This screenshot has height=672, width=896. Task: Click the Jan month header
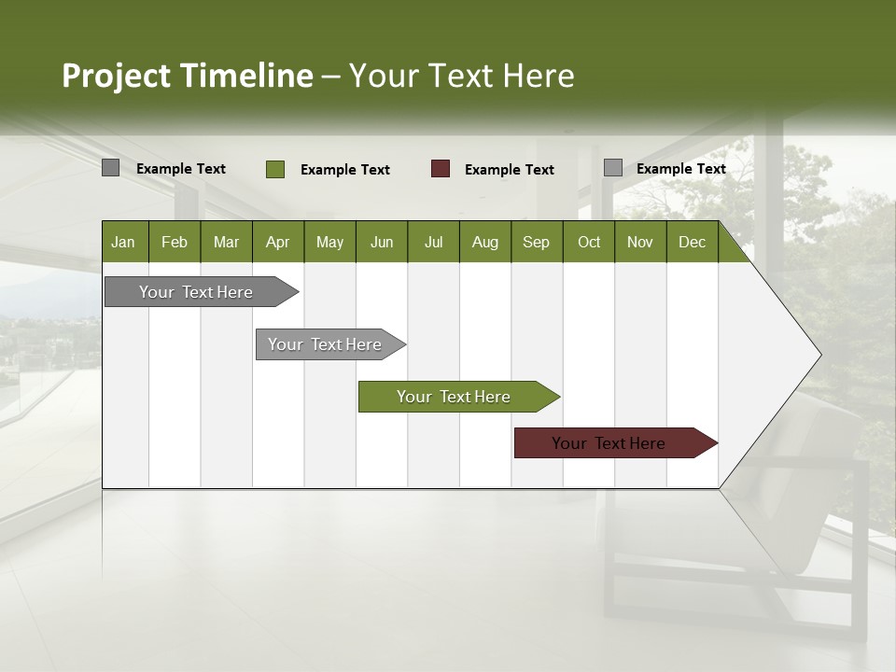[123, 242]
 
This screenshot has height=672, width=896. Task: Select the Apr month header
[277, 242]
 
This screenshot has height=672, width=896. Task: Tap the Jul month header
[433, 242]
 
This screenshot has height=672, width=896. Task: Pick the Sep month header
[536, 242]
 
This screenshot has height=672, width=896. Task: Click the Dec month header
[692, 242]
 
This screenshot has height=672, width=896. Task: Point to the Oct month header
[589, 242]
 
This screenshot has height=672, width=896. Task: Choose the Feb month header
[175, 242]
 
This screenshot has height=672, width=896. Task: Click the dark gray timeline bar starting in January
[196, 292]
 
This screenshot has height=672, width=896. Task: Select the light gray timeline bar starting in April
[325, 344]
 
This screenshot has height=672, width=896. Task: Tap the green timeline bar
[454, 397]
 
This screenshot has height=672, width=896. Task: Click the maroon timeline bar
[609, 443]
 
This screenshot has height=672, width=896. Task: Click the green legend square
[275, 169]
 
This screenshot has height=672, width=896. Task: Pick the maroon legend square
[441, 169]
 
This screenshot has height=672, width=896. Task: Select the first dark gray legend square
[110, 168]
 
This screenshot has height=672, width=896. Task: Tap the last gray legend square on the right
[612, 168]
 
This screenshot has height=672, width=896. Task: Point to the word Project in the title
[116, 76]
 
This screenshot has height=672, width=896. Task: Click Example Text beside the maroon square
[509, 170]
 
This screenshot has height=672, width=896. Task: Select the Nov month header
[640, 242]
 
